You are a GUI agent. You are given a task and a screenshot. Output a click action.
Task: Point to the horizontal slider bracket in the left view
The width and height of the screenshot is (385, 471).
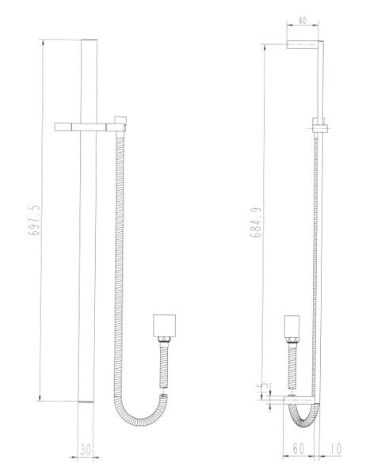[x=83, y=125]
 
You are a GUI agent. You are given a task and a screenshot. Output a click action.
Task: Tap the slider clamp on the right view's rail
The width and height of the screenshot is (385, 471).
[x=318, y=127]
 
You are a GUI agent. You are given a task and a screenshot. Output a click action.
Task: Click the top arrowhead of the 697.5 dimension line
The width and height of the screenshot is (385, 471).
[x=41, y=40]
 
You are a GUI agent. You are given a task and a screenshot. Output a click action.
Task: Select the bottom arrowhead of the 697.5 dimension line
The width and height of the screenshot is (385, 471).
[x=41, y=400]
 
